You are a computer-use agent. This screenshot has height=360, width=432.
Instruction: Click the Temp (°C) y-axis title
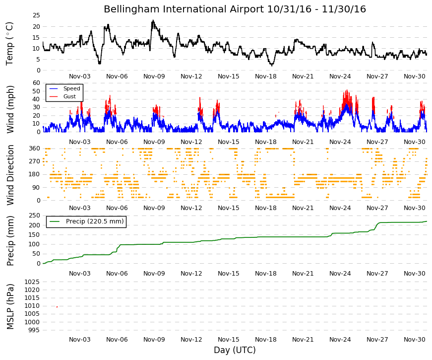[x=9, y=44]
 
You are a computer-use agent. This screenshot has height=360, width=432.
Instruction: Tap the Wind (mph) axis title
[x=10, y=109]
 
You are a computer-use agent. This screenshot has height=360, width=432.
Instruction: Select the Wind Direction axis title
[x=10, y=175]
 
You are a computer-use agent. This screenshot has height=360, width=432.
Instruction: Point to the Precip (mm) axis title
[x=10, y=241]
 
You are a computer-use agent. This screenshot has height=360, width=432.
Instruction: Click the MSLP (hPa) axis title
[x=10, y=306]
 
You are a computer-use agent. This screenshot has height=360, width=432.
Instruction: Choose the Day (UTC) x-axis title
[x=235, y=350]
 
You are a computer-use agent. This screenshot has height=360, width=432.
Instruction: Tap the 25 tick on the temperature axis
[x=36, y=15]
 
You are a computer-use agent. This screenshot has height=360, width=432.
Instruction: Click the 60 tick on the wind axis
[x=36, y=83]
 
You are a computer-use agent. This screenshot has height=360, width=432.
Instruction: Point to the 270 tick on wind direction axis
[x=35, y=161]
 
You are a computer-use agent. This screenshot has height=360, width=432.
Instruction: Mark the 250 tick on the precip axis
[x=35, y=216]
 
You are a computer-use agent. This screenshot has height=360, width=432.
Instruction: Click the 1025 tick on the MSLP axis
[x=32, y=282]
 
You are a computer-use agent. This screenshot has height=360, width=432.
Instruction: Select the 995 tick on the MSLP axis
[x=34, y=330]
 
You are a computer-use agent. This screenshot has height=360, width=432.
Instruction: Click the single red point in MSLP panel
[x=57, y=307]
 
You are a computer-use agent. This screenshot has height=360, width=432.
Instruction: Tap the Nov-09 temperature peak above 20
[x=153, y=21]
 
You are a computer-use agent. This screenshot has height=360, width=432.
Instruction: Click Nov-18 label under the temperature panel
[x=265, y=76]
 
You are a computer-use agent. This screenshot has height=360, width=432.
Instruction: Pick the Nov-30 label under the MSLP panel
[x=414, y=340]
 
